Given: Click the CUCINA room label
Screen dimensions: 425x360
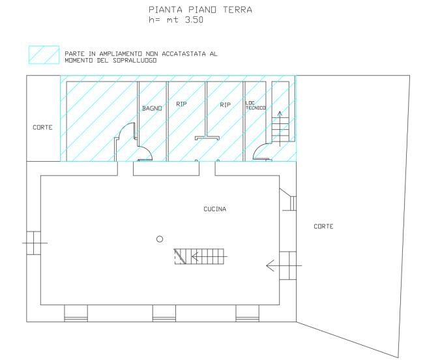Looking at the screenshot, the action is click(x=214, y=209).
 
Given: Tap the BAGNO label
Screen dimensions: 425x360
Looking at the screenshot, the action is click(x=152, y=108).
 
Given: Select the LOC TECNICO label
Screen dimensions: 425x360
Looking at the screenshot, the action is click(x=256, y=106).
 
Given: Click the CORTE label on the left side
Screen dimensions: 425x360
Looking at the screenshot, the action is click(x=42, y=127).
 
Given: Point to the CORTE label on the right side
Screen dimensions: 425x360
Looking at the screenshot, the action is click(x=323, y=226).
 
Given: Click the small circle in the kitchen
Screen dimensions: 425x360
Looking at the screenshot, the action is click(x=160, y=239).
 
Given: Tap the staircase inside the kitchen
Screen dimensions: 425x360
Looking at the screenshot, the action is click(x=199, y=256).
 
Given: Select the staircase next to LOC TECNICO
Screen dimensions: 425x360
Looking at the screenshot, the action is click(x=280, y=129).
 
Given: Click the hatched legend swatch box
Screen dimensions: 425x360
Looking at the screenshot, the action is click(x=44, y=55).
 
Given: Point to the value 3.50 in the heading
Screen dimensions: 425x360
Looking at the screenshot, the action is click(x=194, y=20).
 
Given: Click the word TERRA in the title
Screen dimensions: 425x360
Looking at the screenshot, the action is click(x=237, y=10).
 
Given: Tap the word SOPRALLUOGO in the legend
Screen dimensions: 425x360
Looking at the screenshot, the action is click(x=135, y=61).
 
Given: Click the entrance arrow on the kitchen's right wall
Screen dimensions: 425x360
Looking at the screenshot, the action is click(x=284, y=265).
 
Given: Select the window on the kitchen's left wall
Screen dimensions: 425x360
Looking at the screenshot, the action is click(x=33, y=243).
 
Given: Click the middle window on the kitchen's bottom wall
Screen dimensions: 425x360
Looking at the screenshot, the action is click(x=164, y=314).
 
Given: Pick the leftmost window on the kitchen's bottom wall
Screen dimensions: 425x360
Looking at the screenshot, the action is click(x=76, y=314).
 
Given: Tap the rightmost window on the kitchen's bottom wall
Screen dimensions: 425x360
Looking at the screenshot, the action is click(x=247, y=314).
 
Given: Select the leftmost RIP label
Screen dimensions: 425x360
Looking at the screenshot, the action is click(x=181, y=104).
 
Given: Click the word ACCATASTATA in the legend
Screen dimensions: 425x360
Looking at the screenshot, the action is click(x=184, y=54).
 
